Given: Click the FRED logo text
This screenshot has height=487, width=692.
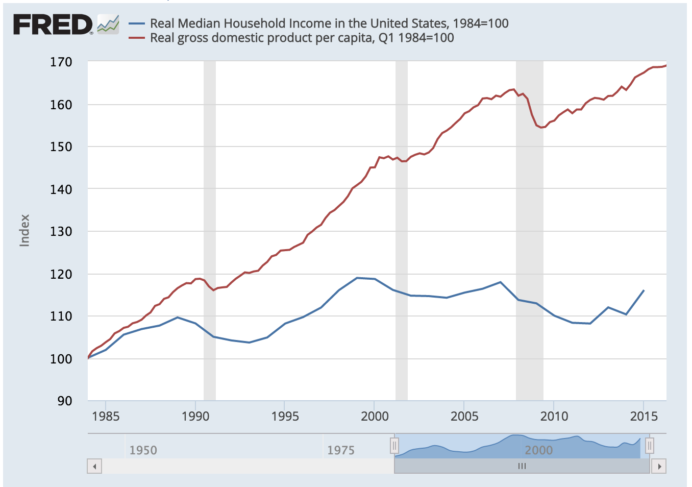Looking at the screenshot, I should [52, 25].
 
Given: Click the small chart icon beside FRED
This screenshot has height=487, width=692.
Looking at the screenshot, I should [108, 24].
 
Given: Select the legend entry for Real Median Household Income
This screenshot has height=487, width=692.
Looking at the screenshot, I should [329, 23].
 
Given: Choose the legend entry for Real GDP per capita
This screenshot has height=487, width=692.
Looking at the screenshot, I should [301, 38].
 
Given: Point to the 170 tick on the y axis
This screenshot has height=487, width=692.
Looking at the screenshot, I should [61, 62].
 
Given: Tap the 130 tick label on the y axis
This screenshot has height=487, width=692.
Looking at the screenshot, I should [61, 231].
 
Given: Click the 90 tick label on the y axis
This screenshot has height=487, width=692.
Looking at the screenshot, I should [64, 401].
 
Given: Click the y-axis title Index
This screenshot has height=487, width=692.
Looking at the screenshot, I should [24, 230].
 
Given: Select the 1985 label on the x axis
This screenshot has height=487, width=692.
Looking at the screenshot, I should [106, 416].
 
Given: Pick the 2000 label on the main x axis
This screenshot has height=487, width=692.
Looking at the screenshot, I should [375, 416].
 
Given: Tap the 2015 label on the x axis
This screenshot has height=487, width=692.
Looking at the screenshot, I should [644, 416].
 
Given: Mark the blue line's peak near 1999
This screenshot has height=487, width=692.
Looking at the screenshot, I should [357, 278].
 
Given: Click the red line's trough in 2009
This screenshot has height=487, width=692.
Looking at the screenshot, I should [541, 127].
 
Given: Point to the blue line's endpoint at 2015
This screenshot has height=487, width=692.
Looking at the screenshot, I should [644, 290].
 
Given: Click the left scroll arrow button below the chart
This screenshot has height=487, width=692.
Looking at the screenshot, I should [94, 466].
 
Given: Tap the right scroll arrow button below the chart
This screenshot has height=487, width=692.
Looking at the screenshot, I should [659, 466].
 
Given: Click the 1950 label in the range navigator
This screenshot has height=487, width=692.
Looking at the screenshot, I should [143, 450].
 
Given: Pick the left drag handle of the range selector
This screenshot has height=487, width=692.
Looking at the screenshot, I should [394, 446].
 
